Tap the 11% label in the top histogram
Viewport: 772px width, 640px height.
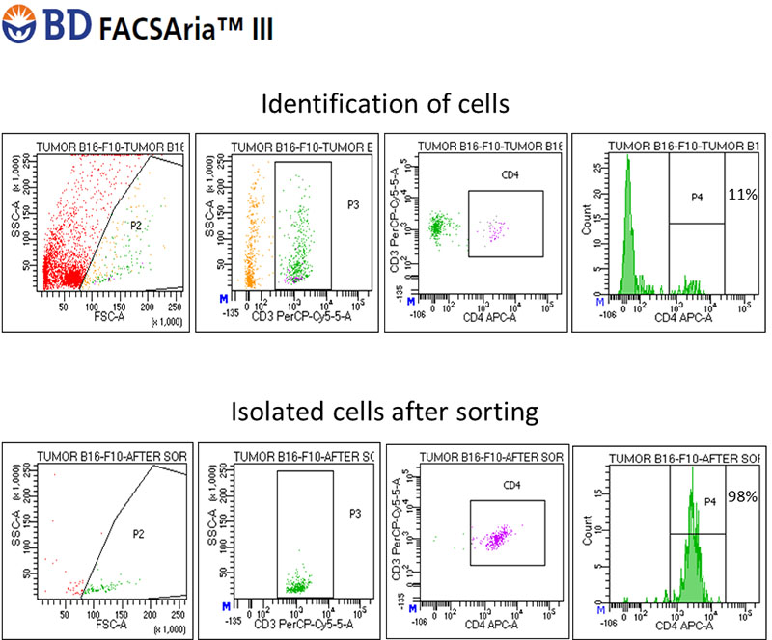[x=742, y=195]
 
